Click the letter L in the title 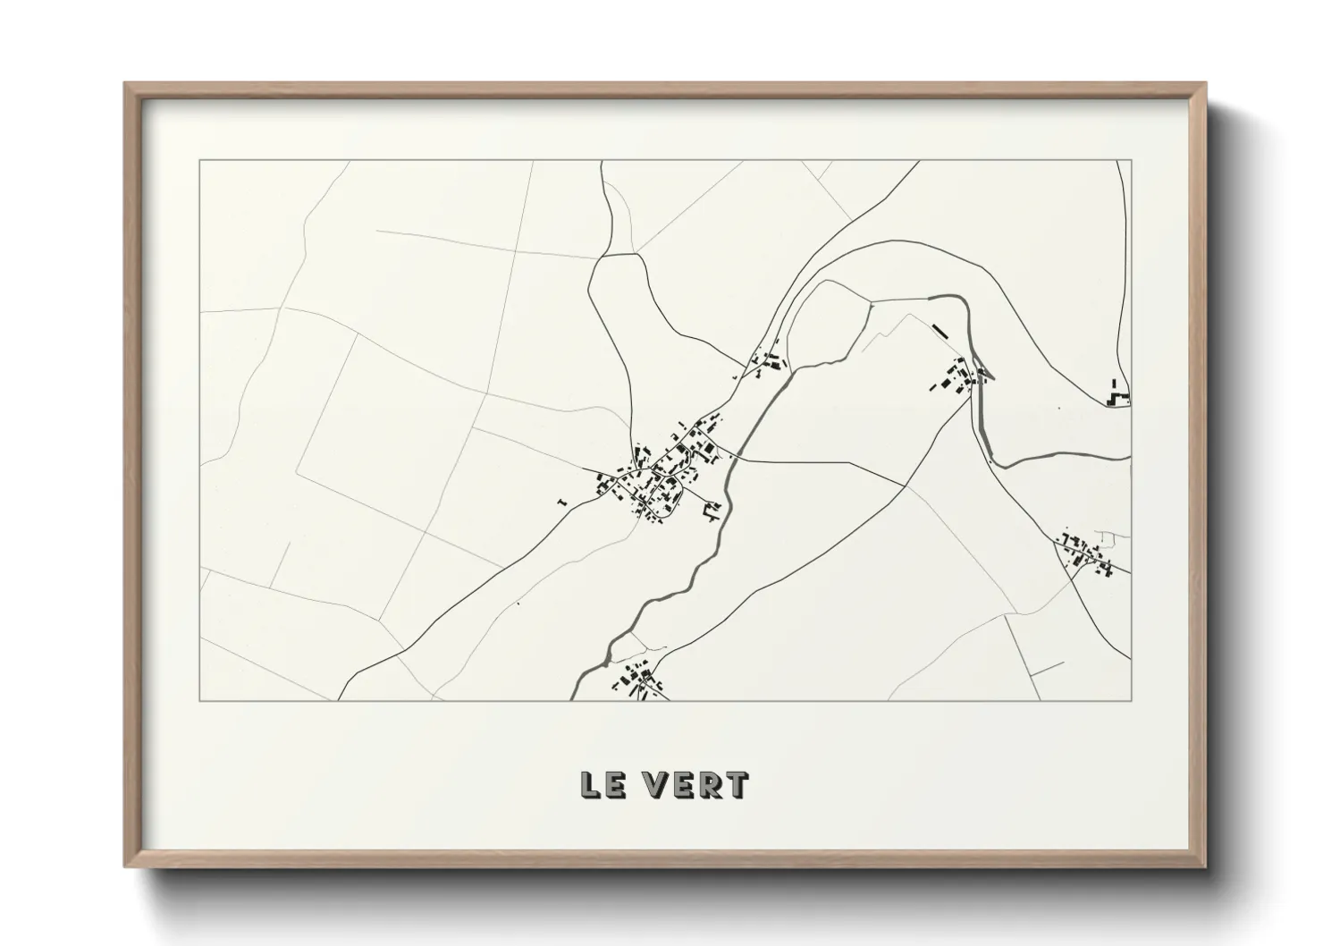[592, 784]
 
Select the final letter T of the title [737, 784]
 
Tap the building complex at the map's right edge [1117, 393]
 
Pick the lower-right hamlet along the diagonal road [1086, 552]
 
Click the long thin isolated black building [940, 332]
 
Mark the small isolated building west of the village [561, 503]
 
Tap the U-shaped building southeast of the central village [712, 511]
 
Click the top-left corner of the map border [200, 161]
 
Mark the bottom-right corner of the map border [1131, 700]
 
